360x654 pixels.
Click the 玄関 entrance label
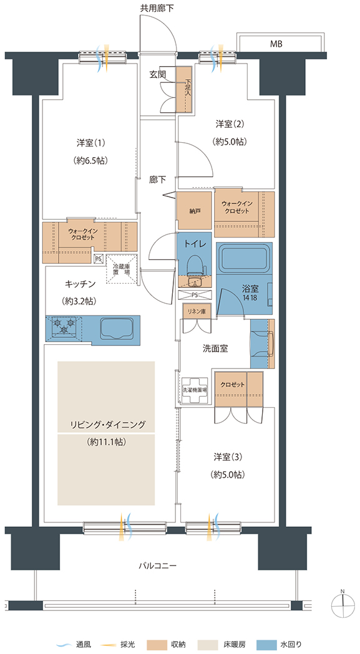click(158, 75)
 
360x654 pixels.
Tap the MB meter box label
click(276, 44)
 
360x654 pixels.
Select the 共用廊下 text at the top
click(157, 7)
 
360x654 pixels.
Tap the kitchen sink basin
click(117, 327)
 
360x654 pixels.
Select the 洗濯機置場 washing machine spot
click(195, 390)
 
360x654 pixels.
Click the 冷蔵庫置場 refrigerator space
click(122, 269)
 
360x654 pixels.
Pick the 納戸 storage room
click(194, 211)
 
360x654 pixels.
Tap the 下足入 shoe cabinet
click(183, 90)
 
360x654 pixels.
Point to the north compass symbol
click(343, 604)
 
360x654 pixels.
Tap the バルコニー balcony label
click(158, 566)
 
